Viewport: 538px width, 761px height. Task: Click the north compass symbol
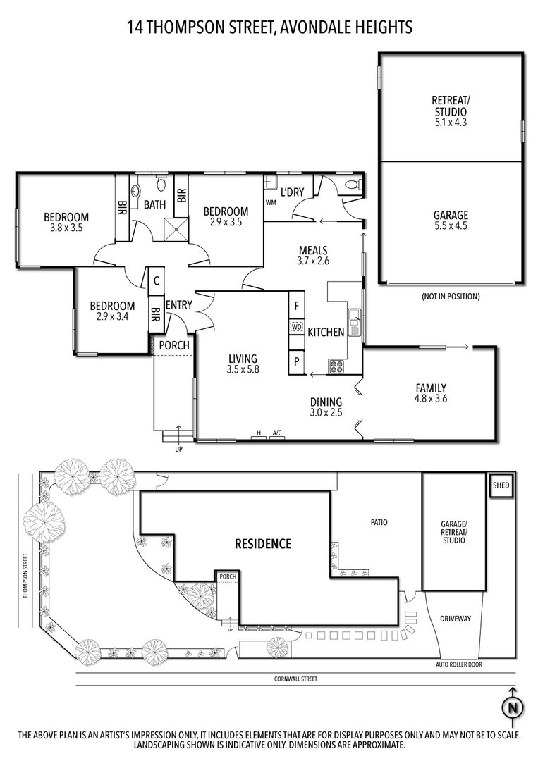point(512,709)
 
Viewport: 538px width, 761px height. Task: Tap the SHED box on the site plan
point(501,485)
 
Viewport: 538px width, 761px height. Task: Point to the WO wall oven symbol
point(295,327)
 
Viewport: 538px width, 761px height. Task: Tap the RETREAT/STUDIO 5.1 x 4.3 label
point(451,111)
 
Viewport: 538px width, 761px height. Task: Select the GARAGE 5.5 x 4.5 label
point(451,220)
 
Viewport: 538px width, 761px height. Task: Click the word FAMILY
point(431,388)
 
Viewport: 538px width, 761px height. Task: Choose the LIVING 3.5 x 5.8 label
point(243,364)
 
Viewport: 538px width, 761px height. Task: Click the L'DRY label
point(293,192)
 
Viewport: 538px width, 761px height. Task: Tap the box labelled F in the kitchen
point(296,306)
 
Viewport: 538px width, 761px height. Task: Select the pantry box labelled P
point(296,361)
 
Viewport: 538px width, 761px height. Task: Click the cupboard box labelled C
point(157,280)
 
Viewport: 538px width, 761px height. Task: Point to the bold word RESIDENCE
point(263,543)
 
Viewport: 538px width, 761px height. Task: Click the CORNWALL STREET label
point(295,679)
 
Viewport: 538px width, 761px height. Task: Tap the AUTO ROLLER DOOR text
point(459,664)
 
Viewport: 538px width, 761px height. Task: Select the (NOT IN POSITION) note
point(451,296)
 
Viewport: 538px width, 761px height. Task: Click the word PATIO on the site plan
point(379,523)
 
